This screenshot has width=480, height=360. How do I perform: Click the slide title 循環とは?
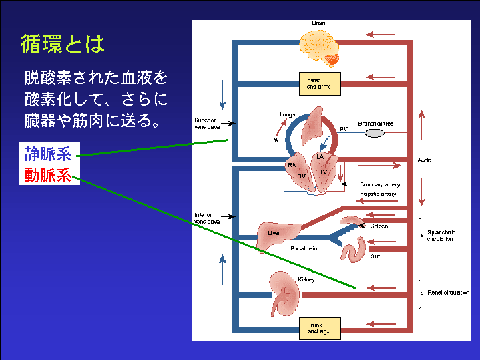pos(63,45)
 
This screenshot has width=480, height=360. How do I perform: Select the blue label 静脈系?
pos(47,154)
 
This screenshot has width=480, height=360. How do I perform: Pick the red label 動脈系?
pos(47,176)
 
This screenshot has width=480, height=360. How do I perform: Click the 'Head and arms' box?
pos(318,83)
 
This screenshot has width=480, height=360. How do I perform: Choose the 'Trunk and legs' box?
pos(318,328)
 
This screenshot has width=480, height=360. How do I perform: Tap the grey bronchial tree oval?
pos(375,133)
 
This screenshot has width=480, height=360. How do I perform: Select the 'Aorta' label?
pos(425,161)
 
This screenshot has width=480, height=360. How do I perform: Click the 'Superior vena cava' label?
pos(206,124)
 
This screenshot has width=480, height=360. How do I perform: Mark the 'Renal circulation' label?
pos(448,293)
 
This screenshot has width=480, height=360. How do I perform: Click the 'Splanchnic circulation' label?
pos(441,236)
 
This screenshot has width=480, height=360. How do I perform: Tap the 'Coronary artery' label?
pos(380,184)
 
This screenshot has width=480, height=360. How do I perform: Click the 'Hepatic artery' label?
pos(378,194)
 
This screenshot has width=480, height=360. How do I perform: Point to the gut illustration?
pos(354,249)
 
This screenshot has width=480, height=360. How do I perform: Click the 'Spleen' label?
pos(379,226)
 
